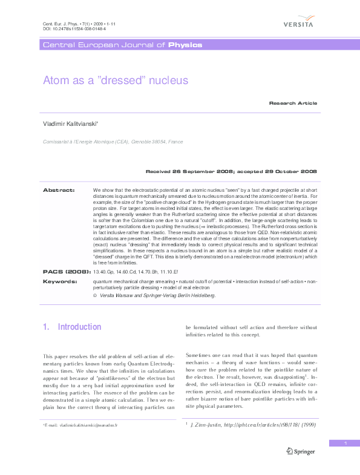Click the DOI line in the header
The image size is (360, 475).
[x=67, y=28]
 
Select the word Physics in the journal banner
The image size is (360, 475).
[x=185, y=45]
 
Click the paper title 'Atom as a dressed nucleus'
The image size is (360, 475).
[x=116, y=80]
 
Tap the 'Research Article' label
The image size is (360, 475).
[x=293, y=103]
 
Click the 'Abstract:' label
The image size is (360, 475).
[x=59, y=190]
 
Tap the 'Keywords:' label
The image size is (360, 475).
[x=59, y=281]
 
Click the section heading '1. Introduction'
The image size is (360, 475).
[x=72, y=327]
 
